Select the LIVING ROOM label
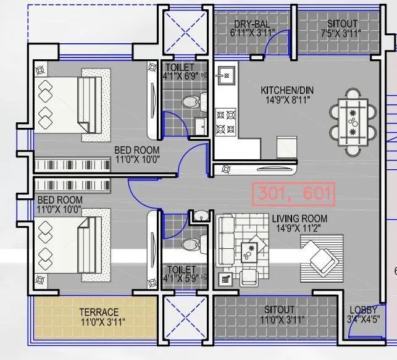pos(303,219)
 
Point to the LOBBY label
pos(363,311)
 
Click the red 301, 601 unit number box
pos(293,194)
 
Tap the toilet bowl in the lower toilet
pos(191,243)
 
